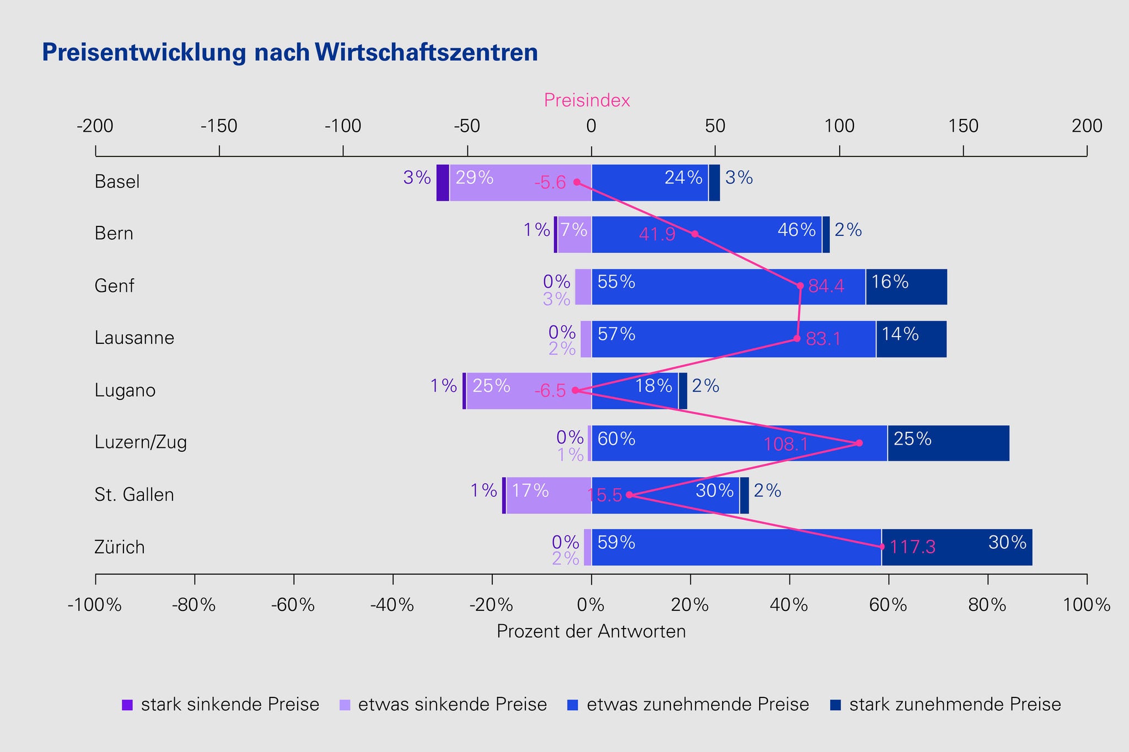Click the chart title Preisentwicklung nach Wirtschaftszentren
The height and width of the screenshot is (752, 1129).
[289, 53]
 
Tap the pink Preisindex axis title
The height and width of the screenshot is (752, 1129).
[587, 100]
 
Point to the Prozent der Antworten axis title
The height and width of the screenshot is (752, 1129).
[591, 631]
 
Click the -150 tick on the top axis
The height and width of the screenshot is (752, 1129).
[219, 127]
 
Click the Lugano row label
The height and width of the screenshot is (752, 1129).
[125, 391]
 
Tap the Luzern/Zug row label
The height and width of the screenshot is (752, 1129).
[141, 442]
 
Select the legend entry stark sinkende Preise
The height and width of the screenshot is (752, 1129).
[221, 705]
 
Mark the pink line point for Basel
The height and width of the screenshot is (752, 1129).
[577, 182]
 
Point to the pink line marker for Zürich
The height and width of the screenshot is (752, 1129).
[881, 547]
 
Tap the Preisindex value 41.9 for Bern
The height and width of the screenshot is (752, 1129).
[657, 235]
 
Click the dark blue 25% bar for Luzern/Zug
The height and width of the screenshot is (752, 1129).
[948, 443]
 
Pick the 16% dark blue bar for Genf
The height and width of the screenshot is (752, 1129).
[906, 286]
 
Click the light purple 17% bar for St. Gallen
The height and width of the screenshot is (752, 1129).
[549, 495]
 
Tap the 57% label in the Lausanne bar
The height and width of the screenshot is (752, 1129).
[616, 334]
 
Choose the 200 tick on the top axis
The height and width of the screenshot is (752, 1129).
[1087, 127]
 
